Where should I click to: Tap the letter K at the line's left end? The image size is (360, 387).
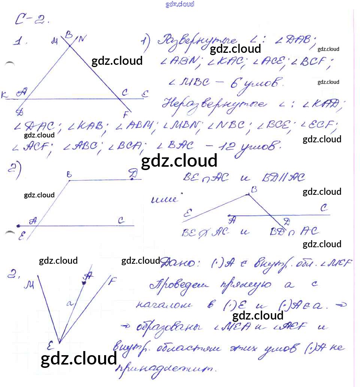(5, 96)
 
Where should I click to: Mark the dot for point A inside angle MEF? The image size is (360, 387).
(84, 283)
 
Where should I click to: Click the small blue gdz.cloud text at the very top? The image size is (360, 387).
(180, 4)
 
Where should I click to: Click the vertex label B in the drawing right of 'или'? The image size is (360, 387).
(254, 190)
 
